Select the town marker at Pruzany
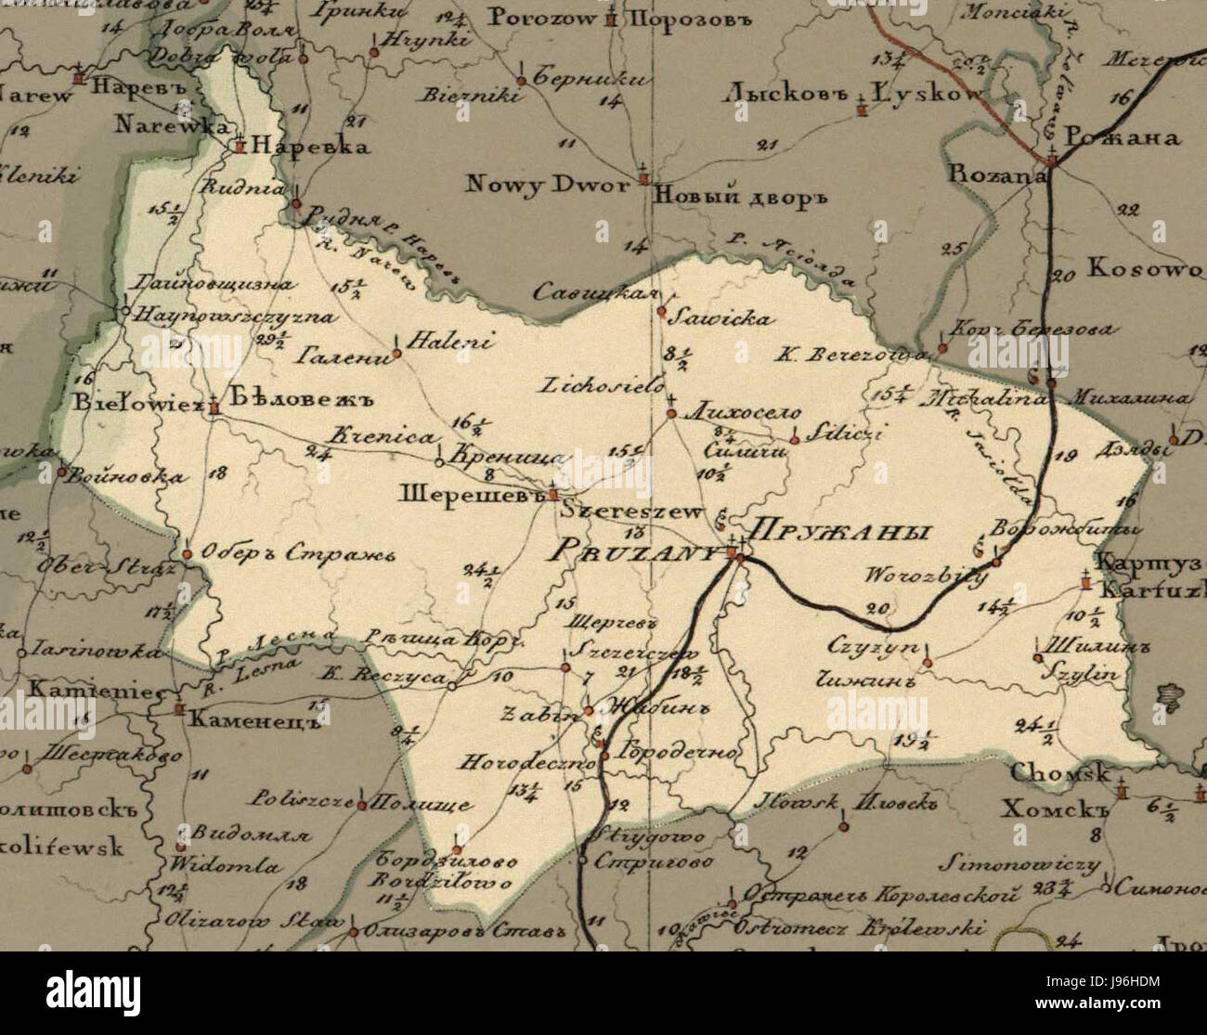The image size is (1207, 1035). (733, 555)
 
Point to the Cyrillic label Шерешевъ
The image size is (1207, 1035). (469, 493)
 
